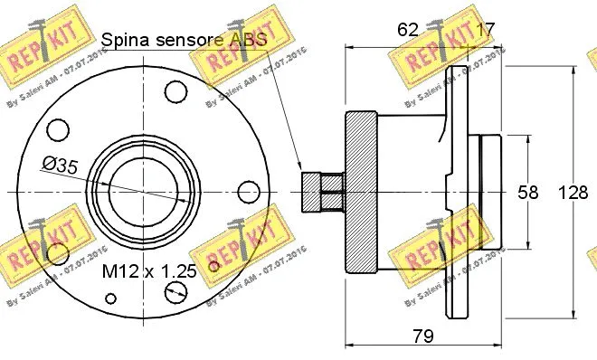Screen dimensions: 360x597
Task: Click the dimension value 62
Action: point(408,30)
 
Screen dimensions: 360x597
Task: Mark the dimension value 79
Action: point(422,336)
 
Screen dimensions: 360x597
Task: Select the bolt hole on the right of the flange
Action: point(247,192)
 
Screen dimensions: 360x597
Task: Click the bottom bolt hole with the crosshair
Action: point(175,291)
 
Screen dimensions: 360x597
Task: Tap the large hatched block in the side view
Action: point(360,192)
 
